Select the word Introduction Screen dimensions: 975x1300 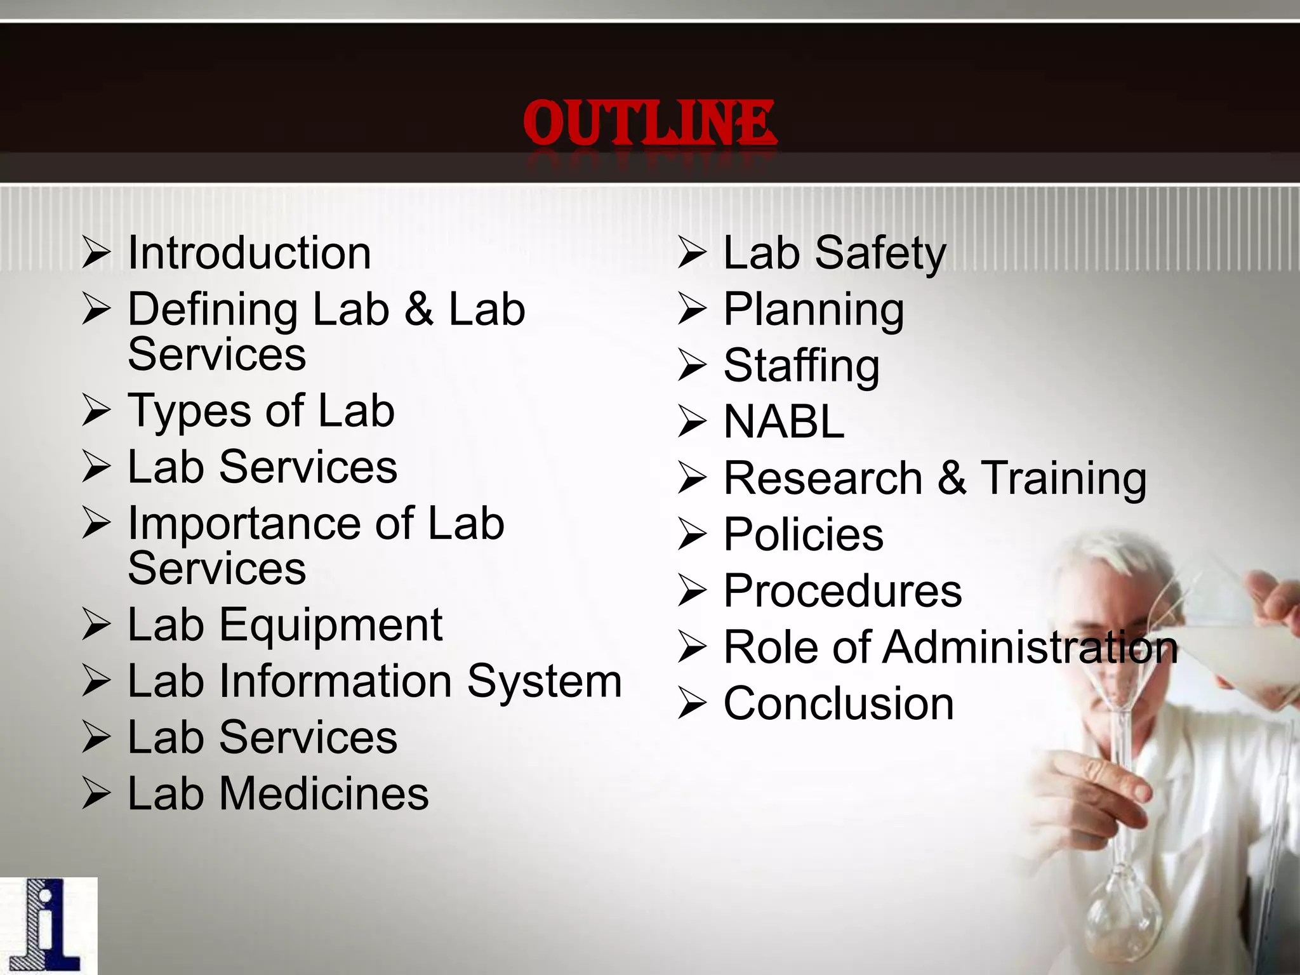coord(249,253)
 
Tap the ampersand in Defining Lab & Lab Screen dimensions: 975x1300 coord(419,309)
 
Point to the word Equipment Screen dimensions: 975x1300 coord(331,625)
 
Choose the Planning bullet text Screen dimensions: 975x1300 coord(814,310)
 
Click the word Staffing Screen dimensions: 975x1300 coord(802,366)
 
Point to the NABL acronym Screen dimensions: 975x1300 coord(784,421)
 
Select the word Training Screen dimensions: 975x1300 coord(1064,478)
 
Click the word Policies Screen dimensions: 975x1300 coord(804,534)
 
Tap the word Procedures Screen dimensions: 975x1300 coord(843,591)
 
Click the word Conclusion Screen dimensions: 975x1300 coord(839,704)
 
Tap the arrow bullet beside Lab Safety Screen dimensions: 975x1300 coord(692,253)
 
